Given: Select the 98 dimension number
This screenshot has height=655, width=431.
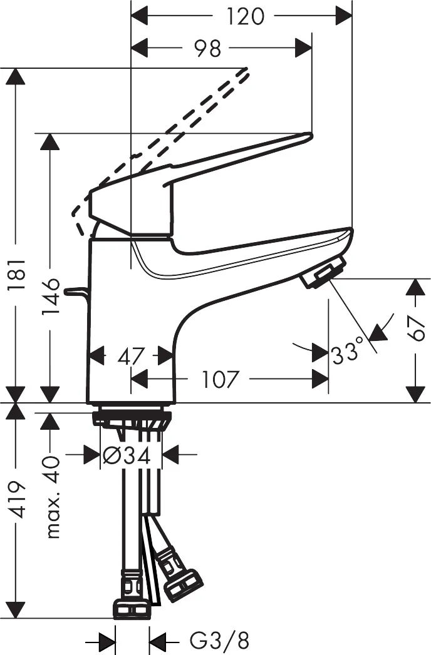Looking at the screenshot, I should pyautogui.click(x=207, y=48).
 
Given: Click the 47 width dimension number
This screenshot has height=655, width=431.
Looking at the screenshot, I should pyautogui.click(x=131, y=357).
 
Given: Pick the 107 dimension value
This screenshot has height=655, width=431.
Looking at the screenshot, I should pyautogui.click(x=221, y=378).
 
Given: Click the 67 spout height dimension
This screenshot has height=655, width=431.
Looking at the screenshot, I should pyautogui.click(x=417, y=327).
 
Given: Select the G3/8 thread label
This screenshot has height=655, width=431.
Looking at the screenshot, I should pyautogui.click(x=219, y=640).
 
